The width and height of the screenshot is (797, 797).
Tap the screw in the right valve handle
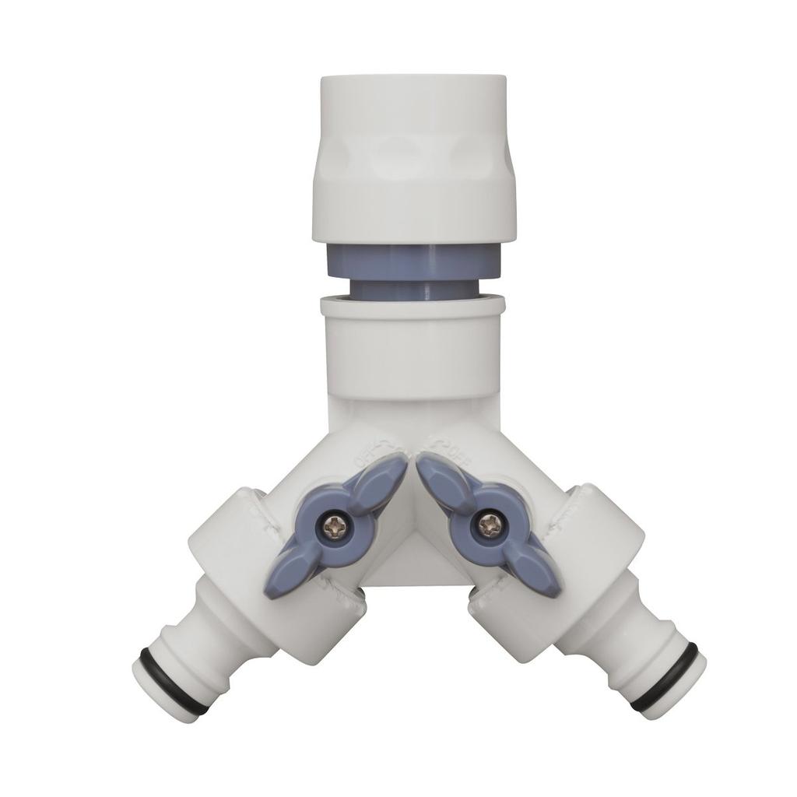488,526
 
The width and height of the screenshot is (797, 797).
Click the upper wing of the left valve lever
376,479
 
